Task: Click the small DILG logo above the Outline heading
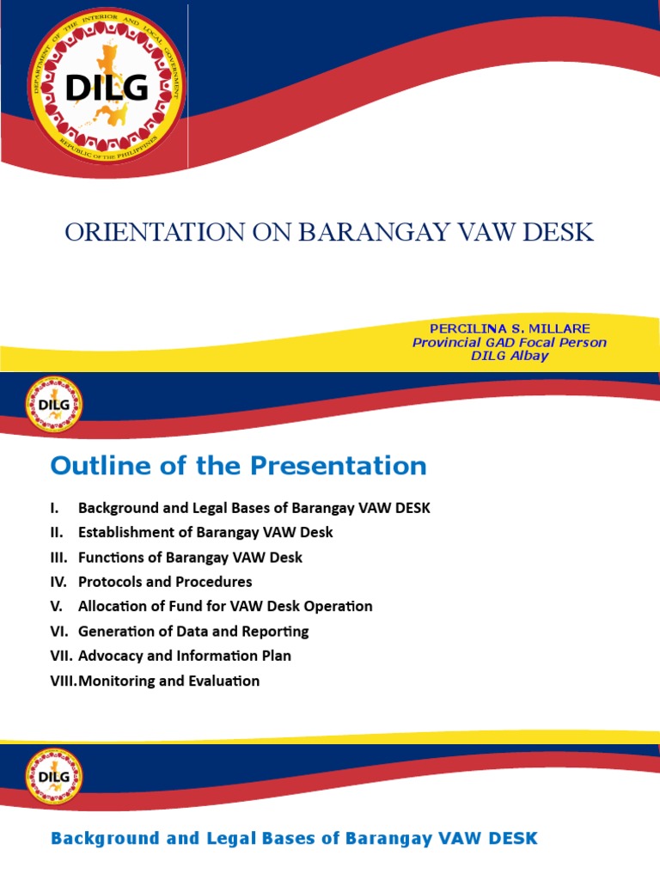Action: pyautogui.click(x=54, y=404)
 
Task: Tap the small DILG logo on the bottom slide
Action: pyautogui.click(x=54, y=776)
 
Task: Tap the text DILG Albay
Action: pyautogui.click(x=509, y=356)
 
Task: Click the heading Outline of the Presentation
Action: pyautogui.click(x=238, y=466)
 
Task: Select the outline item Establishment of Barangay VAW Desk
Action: pyautogui.click(x=205, y=532)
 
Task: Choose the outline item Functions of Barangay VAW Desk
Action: pyautogui.click(x=190, y=557)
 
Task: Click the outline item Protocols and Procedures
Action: pyautogui.click(x=165, y=582)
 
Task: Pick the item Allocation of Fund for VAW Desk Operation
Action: pyautogui.click(x=225, y=606)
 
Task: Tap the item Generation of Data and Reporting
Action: pyautogui.click(x=193, y=631)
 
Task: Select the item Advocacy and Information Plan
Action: pyautogui.click(x=185, y=656)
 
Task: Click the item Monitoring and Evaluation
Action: pyautogui.click(x=168, y=681)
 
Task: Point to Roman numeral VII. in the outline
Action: pyautogui.click(x=61, y=656)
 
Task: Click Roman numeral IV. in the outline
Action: pyautogui.click(x=58, y=582)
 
